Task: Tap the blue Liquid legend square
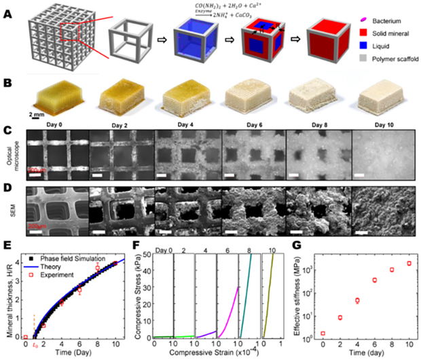[351, 48]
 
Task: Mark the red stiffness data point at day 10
[409, 264]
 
